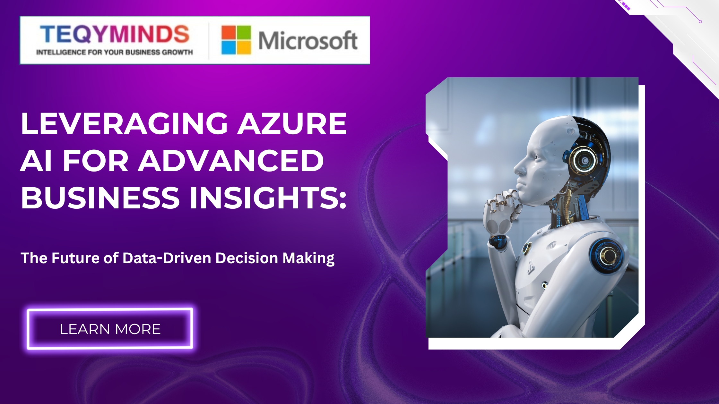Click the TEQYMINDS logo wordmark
115,34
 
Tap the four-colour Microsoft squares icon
236,40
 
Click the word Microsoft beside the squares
308,41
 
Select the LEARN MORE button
110,329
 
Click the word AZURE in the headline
292,123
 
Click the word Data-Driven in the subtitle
167,258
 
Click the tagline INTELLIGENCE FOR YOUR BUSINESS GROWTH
115,52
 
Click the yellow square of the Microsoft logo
244,48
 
